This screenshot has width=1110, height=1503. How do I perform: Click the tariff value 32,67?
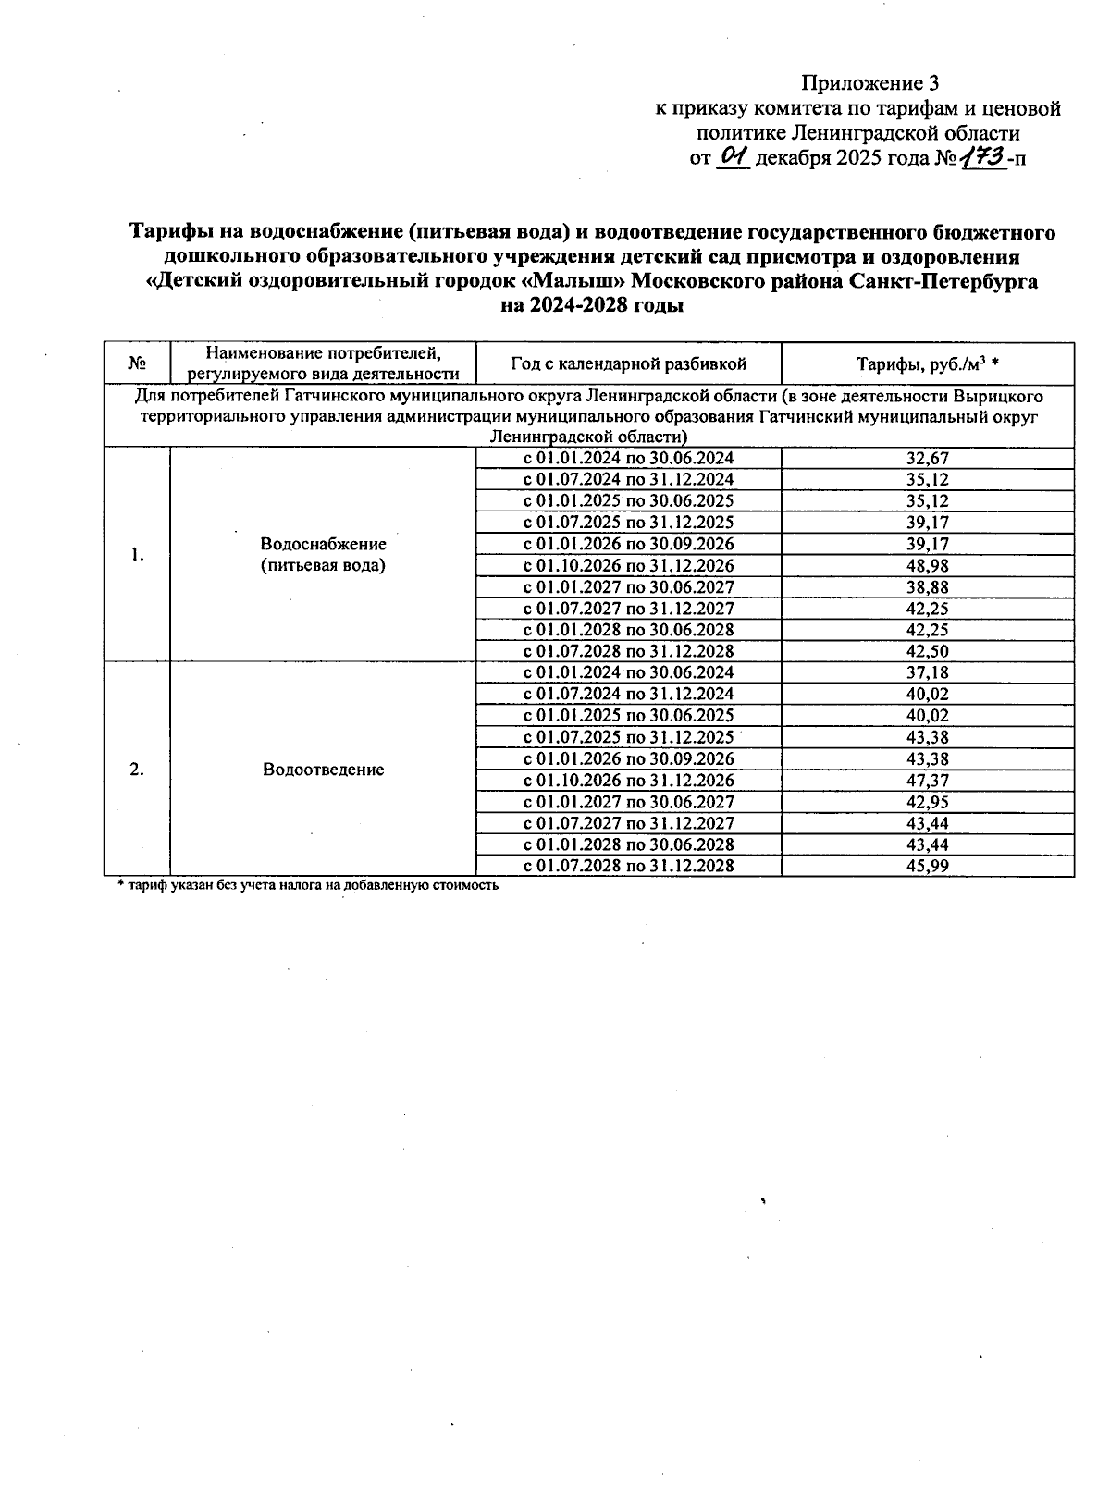pos(928,458)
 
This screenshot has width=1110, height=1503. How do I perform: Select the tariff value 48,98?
pos(928,565)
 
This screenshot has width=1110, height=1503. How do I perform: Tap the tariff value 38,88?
pos(928,587)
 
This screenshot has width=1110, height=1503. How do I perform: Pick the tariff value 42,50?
pos(928,651)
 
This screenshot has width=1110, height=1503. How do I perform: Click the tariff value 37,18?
pos(928,672)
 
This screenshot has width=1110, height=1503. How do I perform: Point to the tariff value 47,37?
pos(928,781)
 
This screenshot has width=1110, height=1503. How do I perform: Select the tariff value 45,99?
pos(928,867)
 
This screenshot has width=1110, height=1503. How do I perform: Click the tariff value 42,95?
pos(928,802)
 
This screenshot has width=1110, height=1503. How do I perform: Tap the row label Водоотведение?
pos(323,770)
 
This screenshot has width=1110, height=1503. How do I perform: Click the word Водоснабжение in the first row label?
pos(323,544)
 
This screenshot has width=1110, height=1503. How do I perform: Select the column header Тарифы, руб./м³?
pos(927,364)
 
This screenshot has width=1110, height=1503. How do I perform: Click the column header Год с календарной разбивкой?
pos(628,364)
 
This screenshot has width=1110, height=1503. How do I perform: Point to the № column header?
pos(137,364)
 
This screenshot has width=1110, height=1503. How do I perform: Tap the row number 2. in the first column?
pos(137,770)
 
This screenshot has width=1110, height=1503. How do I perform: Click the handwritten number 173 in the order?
pos(982,157)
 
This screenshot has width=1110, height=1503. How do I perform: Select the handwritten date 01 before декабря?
pos(733,157)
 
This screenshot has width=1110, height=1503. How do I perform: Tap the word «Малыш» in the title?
pos(574,281)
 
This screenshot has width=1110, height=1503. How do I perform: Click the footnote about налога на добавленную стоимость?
pos(308,885)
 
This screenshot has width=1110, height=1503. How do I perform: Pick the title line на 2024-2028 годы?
pos(592,306)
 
